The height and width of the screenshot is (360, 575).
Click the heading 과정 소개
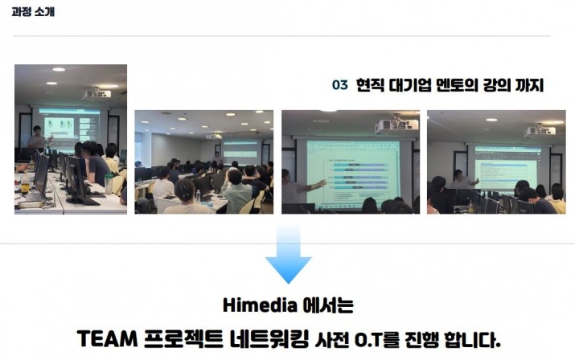click(33, 12)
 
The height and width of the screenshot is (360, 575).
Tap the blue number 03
click(339, 85)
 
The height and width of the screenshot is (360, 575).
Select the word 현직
click(370, 85)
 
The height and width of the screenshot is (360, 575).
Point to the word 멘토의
click(457, 85)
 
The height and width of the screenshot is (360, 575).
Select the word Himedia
click(260, 305)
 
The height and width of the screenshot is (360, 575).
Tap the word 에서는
click(328, 305)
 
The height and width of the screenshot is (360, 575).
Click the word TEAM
click(107, 339)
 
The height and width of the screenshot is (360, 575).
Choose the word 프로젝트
click(183, 339)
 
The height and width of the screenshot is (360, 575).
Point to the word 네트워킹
click(269, 339)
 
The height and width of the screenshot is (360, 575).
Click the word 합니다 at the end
click(472, 339)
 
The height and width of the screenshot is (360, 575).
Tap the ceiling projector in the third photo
click(396, 124)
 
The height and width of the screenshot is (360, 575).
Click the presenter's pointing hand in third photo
click(321, 183)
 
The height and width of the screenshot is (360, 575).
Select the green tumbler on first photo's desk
click(109, 184)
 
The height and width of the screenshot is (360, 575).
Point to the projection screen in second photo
click(240, 150)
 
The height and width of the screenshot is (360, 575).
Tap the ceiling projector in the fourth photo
click(540, 130)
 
